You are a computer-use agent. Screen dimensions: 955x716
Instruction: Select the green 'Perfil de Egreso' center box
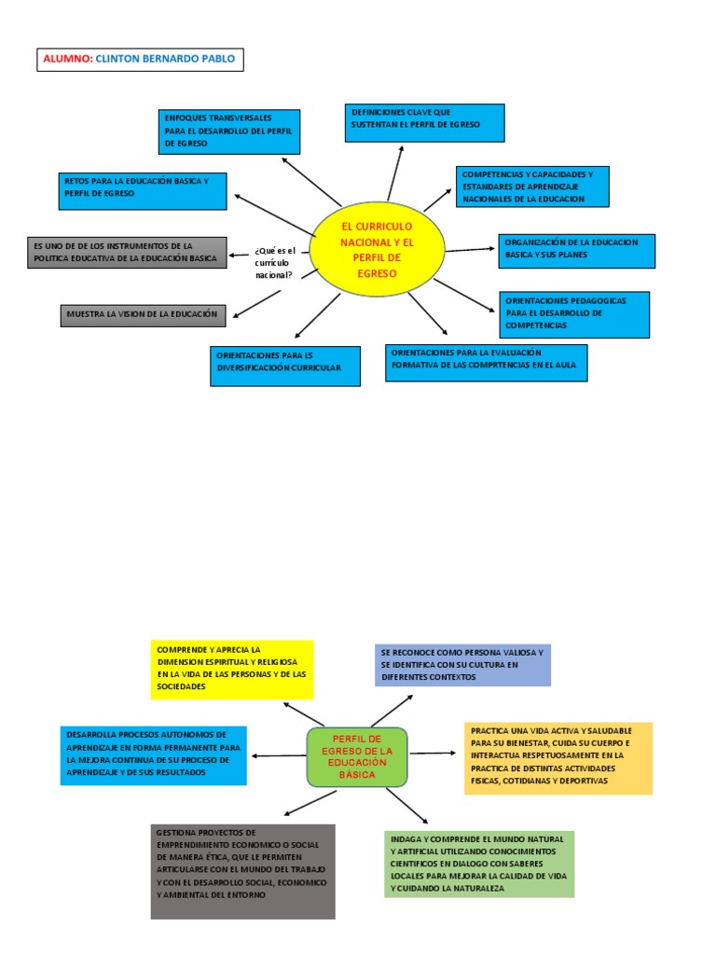(x=357, y=756)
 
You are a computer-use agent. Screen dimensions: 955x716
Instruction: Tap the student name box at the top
(x=140, y=61)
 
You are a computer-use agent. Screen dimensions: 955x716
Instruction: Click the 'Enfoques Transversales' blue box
(x=229, y=131)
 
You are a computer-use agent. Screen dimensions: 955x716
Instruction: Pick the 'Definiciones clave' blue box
(x=424, y=123)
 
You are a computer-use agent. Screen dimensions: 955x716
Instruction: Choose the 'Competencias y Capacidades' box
(x=532, y=187)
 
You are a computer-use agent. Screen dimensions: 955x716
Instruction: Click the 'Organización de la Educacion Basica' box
(x=577, y=249)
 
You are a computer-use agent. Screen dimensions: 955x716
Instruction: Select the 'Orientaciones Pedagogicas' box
(x=574, y=314)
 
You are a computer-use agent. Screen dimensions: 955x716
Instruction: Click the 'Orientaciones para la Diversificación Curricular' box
(x=285, y=366)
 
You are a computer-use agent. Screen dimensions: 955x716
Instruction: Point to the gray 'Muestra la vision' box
(x=144, y=315)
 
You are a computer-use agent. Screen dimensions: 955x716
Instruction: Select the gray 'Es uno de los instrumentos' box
(x=126, y=253)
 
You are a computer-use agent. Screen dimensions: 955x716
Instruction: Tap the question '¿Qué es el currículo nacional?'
(x=274, y=262)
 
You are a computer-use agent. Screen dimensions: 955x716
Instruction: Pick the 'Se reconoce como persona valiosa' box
(x=462, y=665)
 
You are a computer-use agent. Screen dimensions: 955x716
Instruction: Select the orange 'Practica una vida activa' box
(x=558, y=757)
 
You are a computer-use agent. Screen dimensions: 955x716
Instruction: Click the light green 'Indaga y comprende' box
(x=479, y=864)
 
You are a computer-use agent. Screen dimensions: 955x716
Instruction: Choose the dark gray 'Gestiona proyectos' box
(x=242, y=871)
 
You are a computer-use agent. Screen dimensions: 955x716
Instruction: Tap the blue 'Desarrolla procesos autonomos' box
(x=154, y=755)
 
